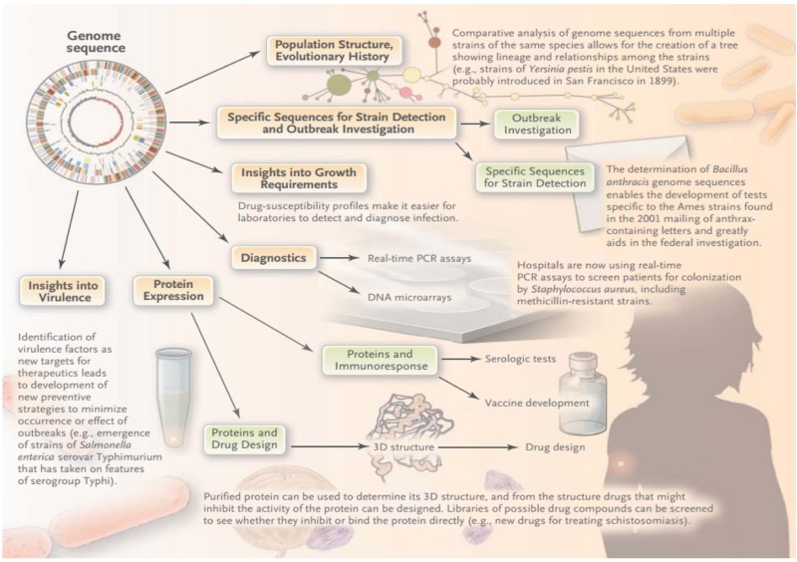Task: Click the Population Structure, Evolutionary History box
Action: (x=335, y=51)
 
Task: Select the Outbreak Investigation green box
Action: (x=536, y=125)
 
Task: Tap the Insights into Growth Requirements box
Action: (x=299, y=178)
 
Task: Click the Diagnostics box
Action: (x=273, y=258)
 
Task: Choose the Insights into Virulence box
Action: (x=63, y=291)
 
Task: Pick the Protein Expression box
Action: (x=172, y=290)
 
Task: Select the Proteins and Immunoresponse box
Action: (x=381, y=360)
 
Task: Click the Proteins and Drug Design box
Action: (x=244, y=438)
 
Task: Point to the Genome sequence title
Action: (x=95, y=42)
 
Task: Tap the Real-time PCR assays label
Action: (x=419, y=258)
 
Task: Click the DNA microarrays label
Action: (x=409, y=297)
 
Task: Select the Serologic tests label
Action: (x=520, y=359)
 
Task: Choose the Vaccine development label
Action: (x=537, y=403)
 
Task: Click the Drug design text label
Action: (x=555, y=447)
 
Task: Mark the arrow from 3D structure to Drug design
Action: (x=478, y=447)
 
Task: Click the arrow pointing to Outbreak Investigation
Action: (x=475, y=124)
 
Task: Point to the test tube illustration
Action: (x=172, y=397)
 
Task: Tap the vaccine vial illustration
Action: (x=583, y=393)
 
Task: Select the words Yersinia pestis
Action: (x=561, y=69)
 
